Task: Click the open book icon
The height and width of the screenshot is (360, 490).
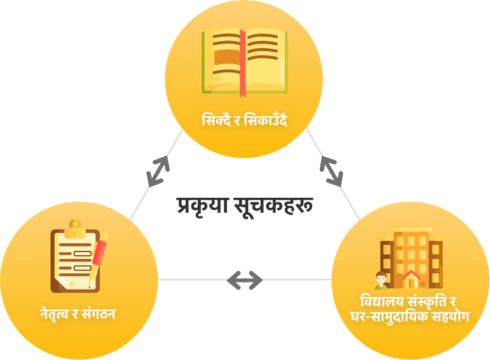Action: pyautogui.click(x=244, y=61)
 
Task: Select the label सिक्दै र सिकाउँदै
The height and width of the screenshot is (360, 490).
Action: pyautogui.click(x=244, y=120)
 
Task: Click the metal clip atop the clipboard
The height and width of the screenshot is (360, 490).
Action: pyautogui.click(x=75, y=227)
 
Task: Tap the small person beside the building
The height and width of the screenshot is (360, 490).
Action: pyautogui.click(x=380, y=281)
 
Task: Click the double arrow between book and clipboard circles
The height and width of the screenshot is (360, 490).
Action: pyautogui.click(x=158, y=170)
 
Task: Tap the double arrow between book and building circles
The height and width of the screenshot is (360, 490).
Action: pyautogui.click(x=332, y=171)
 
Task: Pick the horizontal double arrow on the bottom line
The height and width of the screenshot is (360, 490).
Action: pyautogui.click(x=244, y=280)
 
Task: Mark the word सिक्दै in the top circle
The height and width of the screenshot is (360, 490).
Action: pyautogui.click(x=215, y=120)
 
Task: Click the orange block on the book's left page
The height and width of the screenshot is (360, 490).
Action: pyautogui.click(x=226, y=57)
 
